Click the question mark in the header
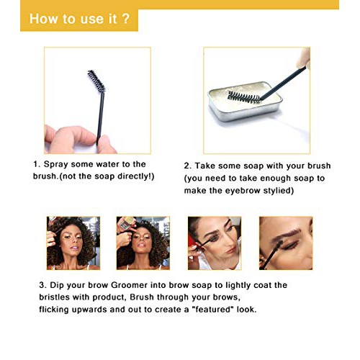126,19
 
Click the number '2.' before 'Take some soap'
189,165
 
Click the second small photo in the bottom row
143,243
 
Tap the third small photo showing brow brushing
214,243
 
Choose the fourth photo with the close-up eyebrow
284,243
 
